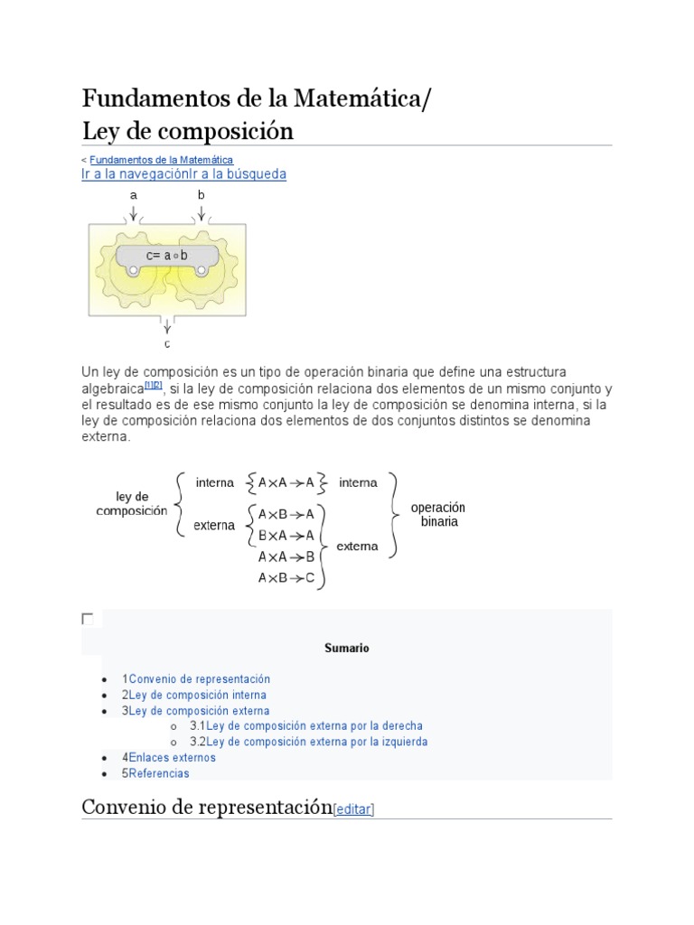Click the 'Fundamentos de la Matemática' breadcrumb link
162,160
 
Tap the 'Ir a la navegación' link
135,174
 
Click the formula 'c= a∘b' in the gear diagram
167,256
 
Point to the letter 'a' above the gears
134,195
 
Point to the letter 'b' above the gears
202,195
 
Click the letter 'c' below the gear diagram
167,344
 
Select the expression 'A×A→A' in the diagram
286,482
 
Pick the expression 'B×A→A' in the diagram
286,535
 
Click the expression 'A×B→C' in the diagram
286,578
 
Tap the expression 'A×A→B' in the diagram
286,556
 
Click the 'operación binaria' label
437,515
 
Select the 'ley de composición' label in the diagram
132,504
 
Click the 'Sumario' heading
347,649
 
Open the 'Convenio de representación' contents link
200,679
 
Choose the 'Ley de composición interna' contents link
198,696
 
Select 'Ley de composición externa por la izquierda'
317,742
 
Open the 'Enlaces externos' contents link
173,758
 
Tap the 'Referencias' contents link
159,773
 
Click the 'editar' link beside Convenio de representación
354,810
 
